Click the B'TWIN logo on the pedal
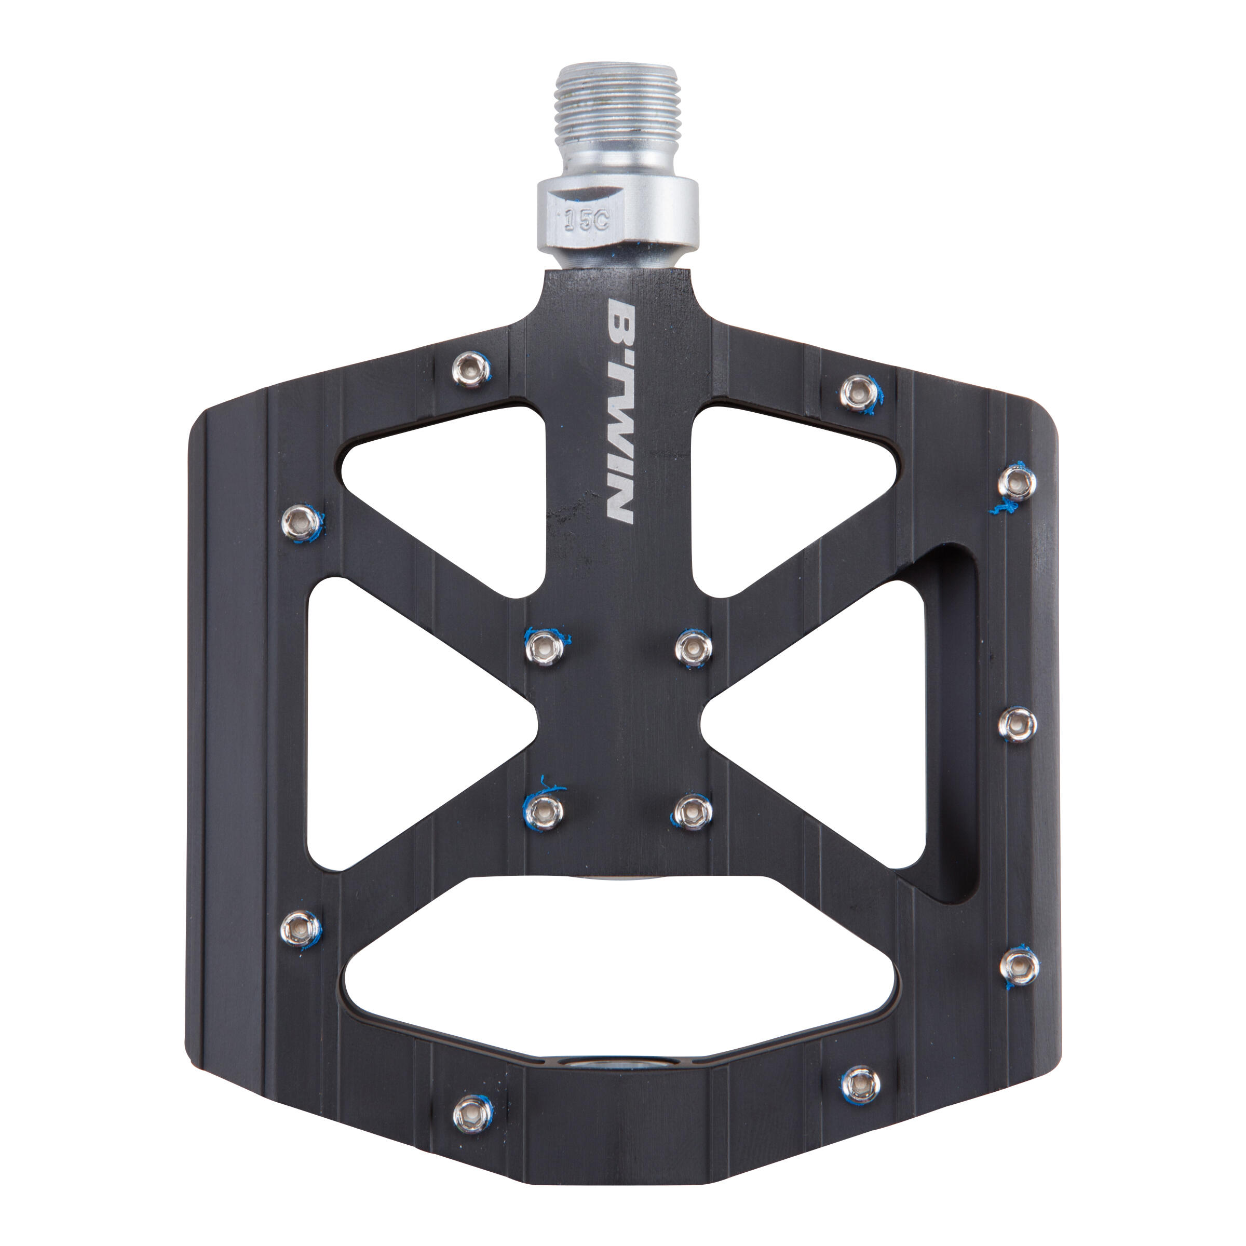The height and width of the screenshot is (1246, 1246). click(621, 410)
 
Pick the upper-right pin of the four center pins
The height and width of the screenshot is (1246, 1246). click(693, 646)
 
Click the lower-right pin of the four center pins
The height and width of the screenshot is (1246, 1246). click(692, 810)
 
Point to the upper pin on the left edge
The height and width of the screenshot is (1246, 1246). click(301, 521)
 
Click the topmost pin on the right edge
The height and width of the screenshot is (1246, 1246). click(1017, 482)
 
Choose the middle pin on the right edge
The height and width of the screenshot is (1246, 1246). click(1017, 724)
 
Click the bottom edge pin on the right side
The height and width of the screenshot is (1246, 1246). click(861, 1084)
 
